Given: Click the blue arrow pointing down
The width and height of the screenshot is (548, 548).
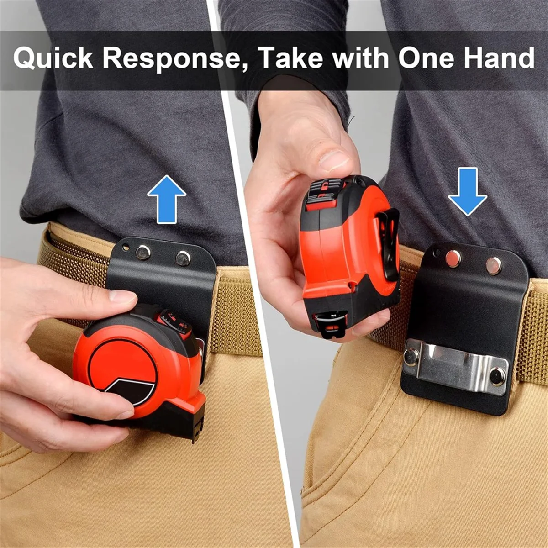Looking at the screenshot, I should coord(468,191).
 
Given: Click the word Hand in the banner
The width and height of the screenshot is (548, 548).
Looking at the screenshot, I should coord(502,58).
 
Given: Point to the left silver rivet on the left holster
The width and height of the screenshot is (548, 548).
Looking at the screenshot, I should coord(143,252).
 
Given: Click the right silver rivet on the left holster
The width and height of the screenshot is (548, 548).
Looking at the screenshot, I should coord(184,258).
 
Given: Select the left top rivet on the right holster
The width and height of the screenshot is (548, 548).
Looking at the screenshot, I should coord(453,258).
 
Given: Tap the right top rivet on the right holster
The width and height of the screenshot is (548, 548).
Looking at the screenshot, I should coord(494,266).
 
